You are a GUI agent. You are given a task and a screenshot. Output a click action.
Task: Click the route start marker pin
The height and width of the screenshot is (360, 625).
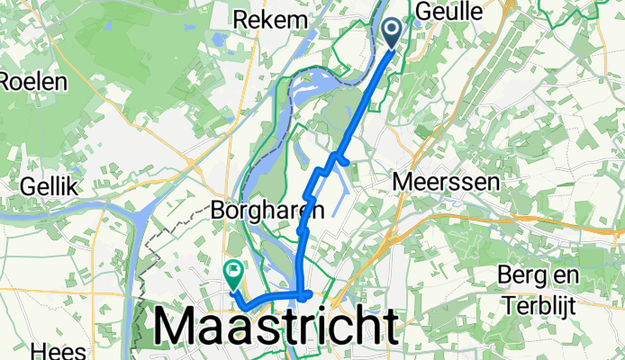pos(394,32)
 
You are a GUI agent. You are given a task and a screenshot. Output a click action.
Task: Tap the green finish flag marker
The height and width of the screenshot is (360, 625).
pos(234,269)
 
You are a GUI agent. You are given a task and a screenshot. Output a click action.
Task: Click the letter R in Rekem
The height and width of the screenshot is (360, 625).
pos(240,19)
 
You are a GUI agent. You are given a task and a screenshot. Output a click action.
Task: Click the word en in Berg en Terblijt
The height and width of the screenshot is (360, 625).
pos(566,274)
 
